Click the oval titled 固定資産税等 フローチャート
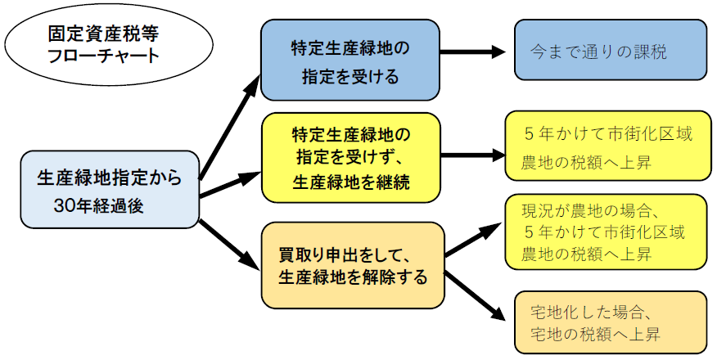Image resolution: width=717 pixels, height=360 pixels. coord(91,47)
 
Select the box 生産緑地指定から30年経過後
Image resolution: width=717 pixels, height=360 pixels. coord(109,189)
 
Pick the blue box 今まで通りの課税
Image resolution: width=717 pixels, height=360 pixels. coord(610,51)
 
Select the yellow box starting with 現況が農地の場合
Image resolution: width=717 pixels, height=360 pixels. coord(605,232)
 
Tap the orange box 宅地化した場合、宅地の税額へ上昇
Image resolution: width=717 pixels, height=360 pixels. coord(610,323)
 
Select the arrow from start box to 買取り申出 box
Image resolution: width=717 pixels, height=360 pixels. coord(230,241)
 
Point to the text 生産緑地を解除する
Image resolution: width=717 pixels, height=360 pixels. coord(353,277)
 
